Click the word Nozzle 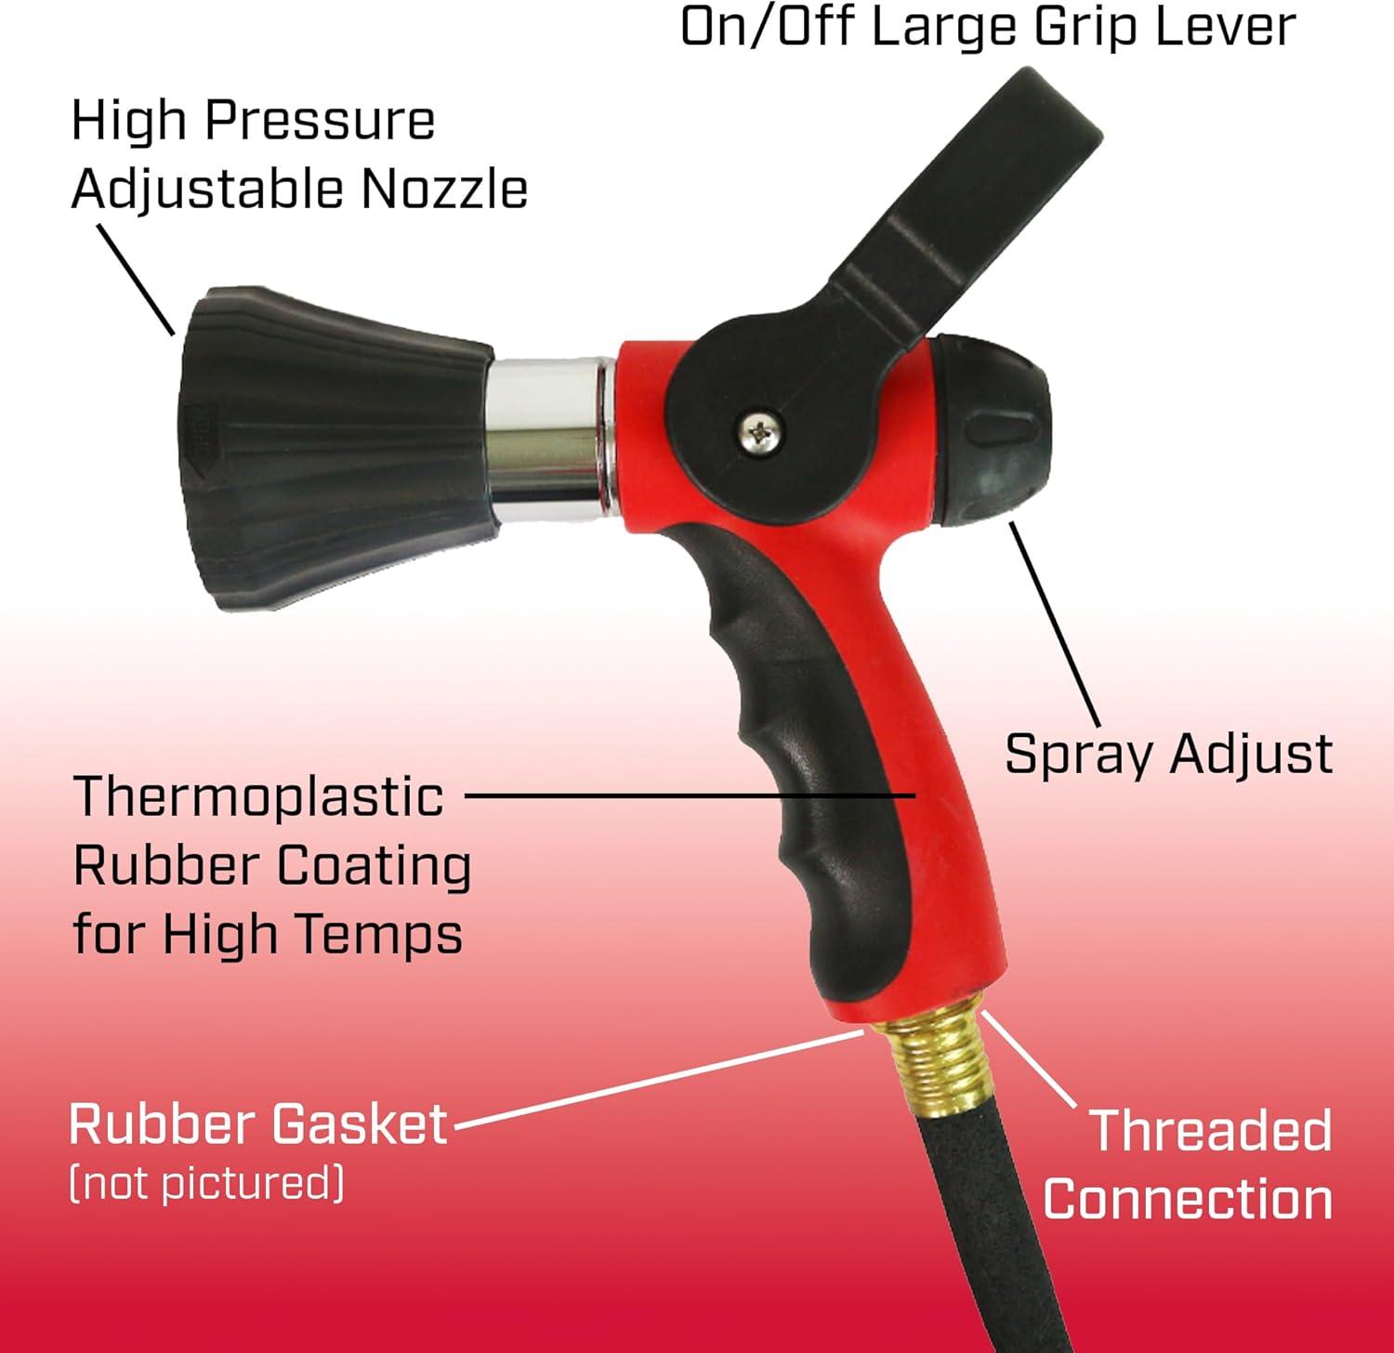click(444, 189)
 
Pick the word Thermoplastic click(258, 798)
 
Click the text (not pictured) click(206, 1183)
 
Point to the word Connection click(1188, 1199)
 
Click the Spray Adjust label click(1169, 754)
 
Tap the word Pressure click(319, 121)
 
